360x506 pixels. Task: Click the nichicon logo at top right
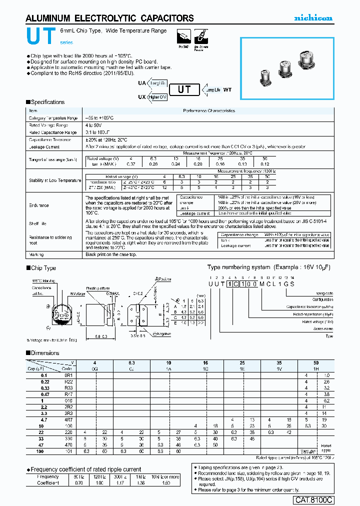pyautogui.click(x=312, y=18)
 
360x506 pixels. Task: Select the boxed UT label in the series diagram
pyautogui.click(x=184, y=90)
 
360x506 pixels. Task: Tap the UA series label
pyautogui.click(x=142, y=83)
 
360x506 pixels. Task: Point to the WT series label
pyautogui.click(x=227, y=90)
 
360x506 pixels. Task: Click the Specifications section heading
pyautogui.click(x=47, y=102)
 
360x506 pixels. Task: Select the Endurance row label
pyautogui.click(x=38, y=205)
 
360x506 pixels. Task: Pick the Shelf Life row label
pyautogui.click(x=37, y=224)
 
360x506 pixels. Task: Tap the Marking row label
pyautogui.click(x=36, y=254)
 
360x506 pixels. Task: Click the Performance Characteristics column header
pyautogui.click(x=208, y=110)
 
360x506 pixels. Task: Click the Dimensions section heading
pyautogui.click(x=44, y=353)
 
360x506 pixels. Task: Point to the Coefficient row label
pyautogui.click(x=47, y=483)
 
